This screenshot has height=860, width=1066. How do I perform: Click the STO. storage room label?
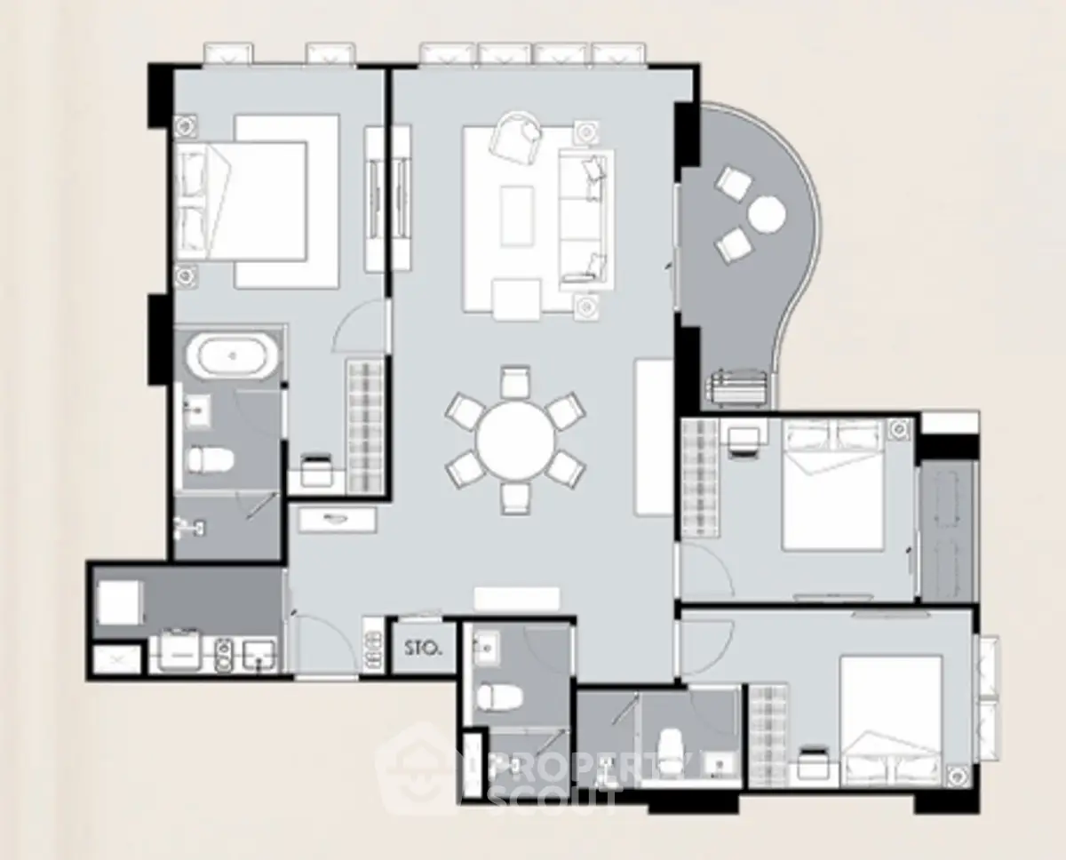[x=423, y=648]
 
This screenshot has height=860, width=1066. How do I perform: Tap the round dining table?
[x=515, y=441]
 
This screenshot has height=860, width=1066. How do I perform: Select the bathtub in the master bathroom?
[x=229, y=355]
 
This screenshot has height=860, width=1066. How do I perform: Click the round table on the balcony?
[x=767, y=214]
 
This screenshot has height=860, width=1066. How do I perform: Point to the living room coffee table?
[x=517, y=216]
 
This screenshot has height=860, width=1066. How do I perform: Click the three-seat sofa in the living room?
[x=586, y=219]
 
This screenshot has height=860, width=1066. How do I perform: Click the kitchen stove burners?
[x=225, y=655]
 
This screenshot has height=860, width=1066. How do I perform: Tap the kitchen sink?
[x=259, y=655]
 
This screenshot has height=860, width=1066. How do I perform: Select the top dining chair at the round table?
[x=515, y=381]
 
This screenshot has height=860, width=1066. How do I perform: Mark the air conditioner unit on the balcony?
[x=738, y=388]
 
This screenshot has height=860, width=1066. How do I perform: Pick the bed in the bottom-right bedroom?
[x=891, y=721]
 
